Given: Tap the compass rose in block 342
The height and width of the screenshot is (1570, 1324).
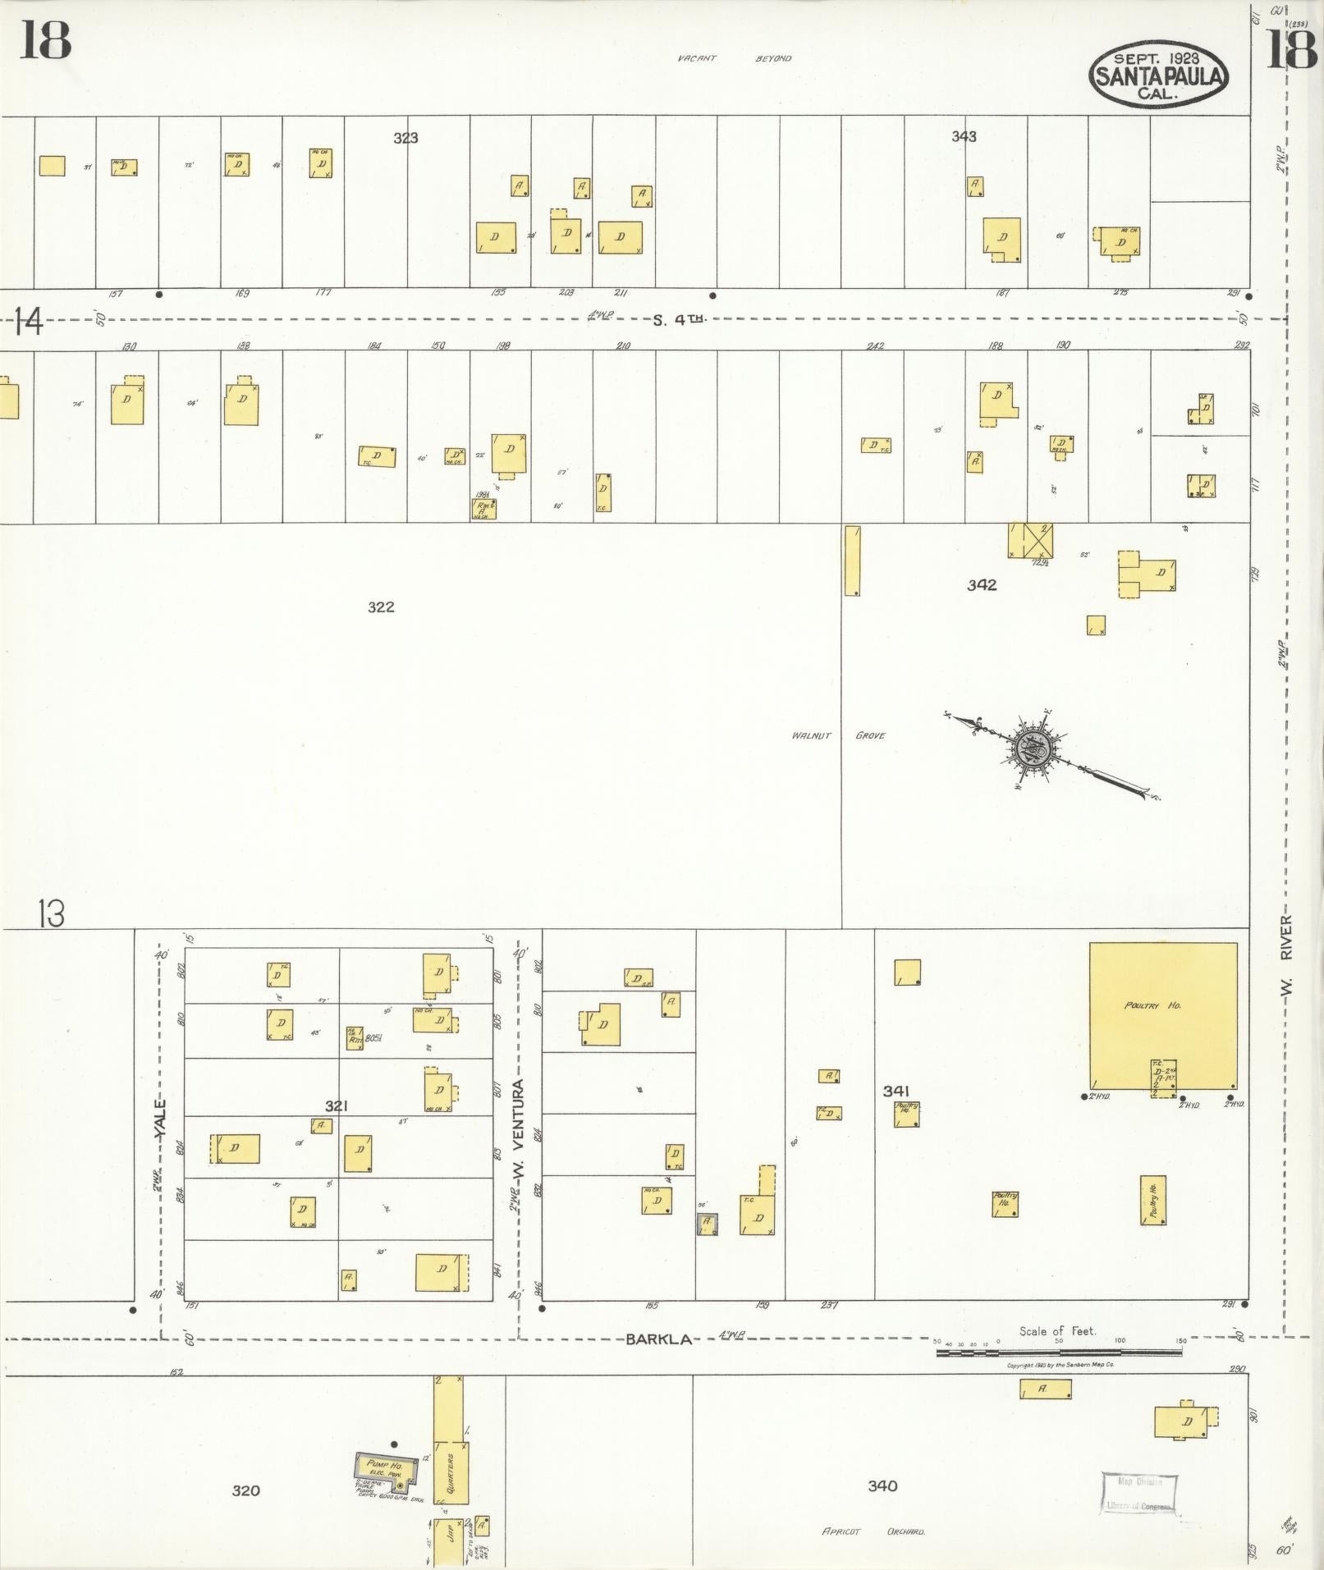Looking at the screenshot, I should coord(1032,748).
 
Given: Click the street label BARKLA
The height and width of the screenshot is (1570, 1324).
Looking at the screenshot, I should coord(658,1339).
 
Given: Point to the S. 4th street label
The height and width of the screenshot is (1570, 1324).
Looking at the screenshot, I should coord(679,320).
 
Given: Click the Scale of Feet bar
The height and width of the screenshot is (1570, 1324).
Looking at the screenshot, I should coord(1059,1350).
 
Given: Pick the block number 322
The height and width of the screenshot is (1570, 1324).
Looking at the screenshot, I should coord(381,607).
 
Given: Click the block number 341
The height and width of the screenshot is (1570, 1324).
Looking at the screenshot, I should coord(896,1091).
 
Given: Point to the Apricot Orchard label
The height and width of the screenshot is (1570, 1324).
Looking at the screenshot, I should coord(873,1531).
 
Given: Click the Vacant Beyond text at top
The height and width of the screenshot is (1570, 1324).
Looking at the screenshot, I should coord(734,58).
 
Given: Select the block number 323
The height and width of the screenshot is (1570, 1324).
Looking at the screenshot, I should coord(405,138).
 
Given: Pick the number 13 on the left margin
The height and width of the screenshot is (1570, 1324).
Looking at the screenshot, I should coord(51,913).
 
